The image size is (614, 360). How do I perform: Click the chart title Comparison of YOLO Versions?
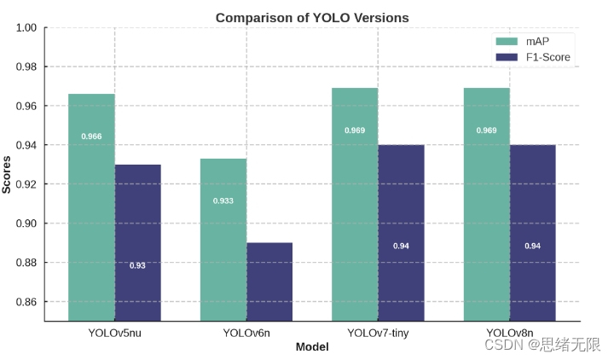click(x=311, y=17)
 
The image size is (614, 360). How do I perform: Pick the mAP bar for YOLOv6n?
click(x=223, y=239)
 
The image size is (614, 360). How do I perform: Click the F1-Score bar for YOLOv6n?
click(x=269, y=282)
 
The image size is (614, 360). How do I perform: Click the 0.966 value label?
click(x=91, y=136)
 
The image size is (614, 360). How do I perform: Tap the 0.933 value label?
click(x=223, y=201)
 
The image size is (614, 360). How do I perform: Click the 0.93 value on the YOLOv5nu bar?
click(x=137, y=265)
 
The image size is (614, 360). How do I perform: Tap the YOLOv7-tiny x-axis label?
click(x=378, y=333)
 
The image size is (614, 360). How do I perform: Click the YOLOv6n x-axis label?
click(x=246, y=333)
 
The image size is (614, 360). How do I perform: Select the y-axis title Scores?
click(x=7, y=174)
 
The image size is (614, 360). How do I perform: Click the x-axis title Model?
click(x=311, y=347)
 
